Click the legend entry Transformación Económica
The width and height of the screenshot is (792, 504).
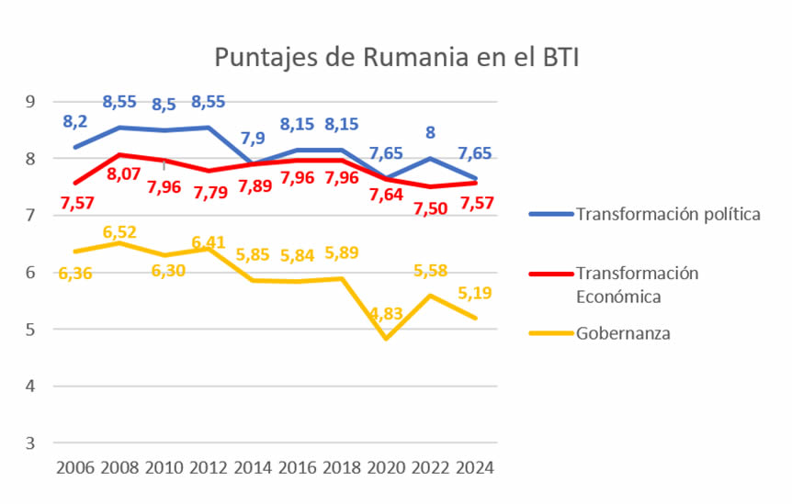pyautogui.click(x=637, y=285)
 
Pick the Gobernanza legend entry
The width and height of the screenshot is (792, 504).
pyautogui.click(x=623, y=333)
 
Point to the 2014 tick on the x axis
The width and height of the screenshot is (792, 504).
pyautogui.click(x=254, y=467)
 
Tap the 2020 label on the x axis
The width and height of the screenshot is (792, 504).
pyautogui.click(x=385, y=467)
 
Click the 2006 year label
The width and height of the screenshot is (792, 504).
pyautogui.click(x=75, y=467)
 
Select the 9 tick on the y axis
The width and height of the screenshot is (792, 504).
pyautogui.click(x=29, y=101)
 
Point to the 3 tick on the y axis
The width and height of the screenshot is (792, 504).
pyautogui.click(x=29, y=442)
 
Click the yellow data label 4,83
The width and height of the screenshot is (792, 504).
pyautogui.click(x=387, y=314)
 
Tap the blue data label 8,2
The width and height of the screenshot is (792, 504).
pyautogui.click(x=75, y=121)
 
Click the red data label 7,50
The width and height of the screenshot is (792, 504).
pyautogui.click(x=431, y=208)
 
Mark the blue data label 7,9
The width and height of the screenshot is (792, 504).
pyautogui.click(x=254, y=140)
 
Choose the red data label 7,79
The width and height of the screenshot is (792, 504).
pyautogui.click(x=210, y=193)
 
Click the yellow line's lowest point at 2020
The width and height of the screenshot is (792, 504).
pyautogui.click(x=386, y=339)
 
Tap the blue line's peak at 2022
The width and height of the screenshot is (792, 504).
pyautogui.click(x=430, y=158)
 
